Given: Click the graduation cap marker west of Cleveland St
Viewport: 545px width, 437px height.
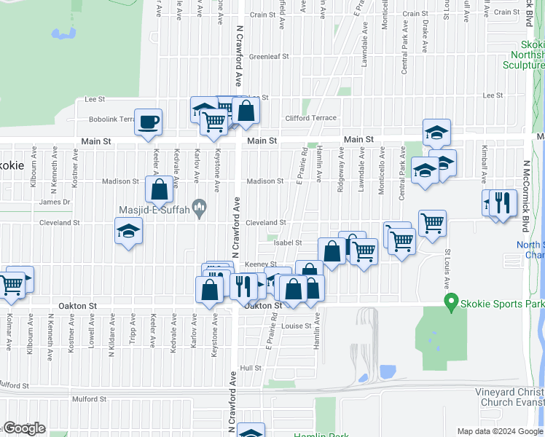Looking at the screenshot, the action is point(129,232).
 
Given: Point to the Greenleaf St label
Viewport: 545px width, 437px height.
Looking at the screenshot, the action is point(269,56).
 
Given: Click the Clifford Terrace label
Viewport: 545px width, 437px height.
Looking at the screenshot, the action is point(311,118).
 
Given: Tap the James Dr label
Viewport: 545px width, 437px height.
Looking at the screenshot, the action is point(55,202).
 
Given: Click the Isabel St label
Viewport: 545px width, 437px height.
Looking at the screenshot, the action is point(288,243).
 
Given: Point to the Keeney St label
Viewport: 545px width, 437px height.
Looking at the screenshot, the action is point(261,264).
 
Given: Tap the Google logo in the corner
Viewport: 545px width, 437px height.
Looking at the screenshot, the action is point(23,428).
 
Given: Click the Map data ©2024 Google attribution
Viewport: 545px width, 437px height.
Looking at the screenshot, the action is point(500,431).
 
